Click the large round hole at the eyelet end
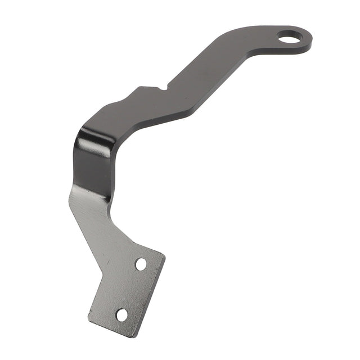pyautogui.click(x=289, y=38)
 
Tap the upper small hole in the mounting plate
pyautogui.click(x=141, y=264)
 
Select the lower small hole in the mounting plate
pyautogui.click(x=121, y=315)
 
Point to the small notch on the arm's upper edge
pyautogui.click(x=163, y=87)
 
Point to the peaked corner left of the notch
pyautogui.click(x=139, y=87)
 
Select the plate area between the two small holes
pyautogui.click(x=132, y=289)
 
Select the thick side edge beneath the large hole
pyautogui.click(x=292, y=52)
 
